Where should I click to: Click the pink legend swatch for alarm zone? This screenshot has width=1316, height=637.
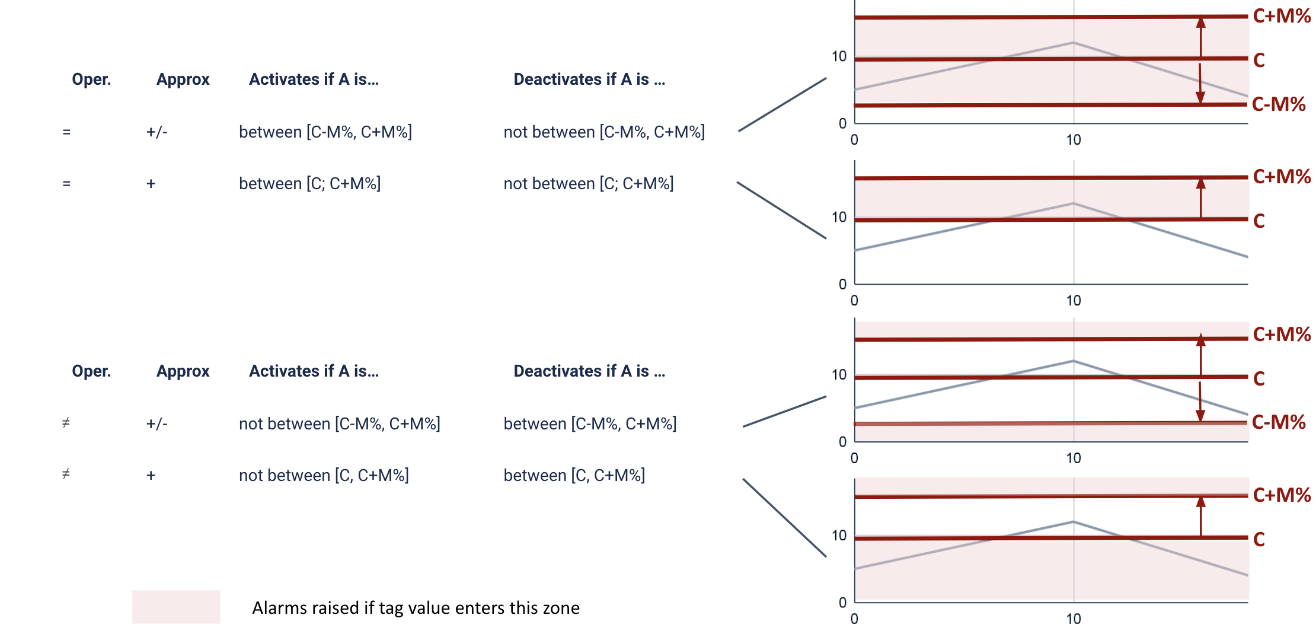(x=176, y=607)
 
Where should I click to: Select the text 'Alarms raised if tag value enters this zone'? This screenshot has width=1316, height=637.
(x=416, y=608)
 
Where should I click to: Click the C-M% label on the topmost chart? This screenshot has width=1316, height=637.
(x=1279, y=104)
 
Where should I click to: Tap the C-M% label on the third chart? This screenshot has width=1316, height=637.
(x=1279, y=422)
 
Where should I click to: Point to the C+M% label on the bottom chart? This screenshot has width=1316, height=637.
(x=1282, y=495)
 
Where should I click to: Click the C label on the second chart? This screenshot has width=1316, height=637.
(x=1259, y=221)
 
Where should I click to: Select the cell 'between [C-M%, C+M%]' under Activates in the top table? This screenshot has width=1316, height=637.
(x=325, y=132)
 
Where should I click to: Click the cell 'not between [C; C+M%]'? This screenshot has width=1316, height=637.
(x=589, y=184)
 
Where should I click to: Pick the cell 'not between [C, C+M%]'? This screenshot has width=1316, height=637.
(x=324, y=476)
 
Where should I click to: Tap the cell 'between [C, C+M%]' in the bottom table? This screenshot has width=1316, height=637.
(x=574, y=476)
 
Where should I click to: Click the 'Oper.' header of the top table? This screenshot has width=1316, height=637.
(x=91, y=79)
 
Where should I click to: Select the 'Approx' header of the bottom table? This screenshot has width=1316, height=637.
(x=183, y=371)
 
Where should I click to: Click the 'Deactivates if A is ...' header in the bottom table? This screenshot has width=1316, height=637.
(x=589, y=371)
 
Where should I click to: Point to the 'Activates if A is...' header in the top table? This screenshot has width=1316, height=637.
(x=314, y=79)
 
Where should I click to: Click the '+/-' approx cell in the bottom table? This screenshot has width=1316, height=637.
(x=157, y=424)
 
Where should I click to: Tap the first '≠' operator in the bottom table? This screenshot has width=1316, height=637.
(x=66, y=423)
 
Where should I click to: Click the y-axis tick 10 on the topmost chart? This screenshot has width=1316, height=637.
(x=839, y=56)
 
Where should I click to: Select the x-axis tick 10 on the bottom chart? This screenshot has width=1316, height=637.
(x=1074, y=619)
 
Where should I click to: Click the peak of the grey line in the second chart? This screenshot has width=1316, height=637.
(x=1074, y=203)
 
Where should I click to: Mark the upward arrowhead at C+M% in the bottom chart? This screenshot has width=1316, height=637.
(x=1201, y=502)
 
